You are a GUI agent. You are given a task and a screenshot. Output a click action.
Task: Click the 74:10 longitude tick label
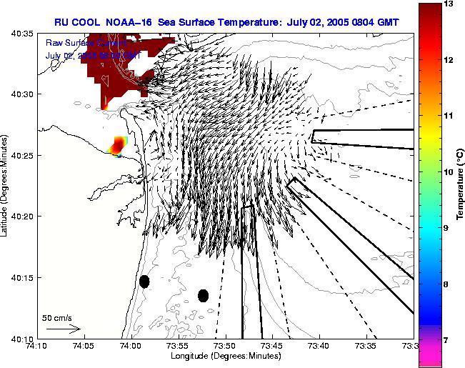36,346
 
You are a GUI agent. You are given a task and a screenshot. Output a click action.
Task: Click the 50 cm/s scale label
57,317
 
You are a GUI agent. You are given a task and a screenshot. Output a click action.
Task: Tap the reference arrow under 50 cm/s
63,329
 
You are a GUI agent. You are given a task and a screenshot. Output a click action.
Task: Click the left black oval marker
144,282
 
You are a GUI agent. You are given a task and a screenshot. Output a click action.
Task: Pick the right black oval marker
203,295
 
